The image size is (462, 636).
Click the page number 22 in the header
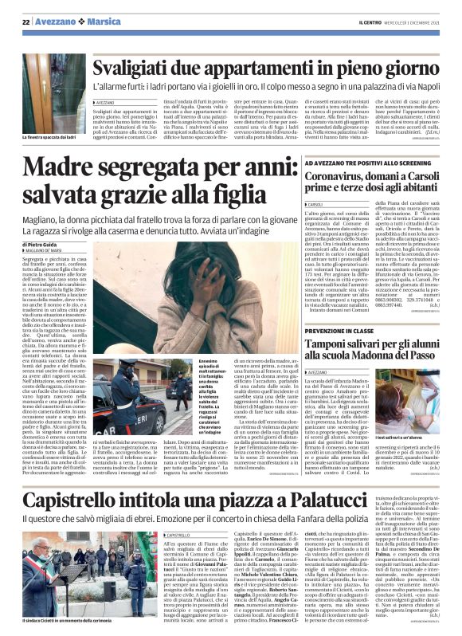(27, 22)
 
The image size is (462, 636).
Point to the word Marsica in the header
(99, 22)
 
